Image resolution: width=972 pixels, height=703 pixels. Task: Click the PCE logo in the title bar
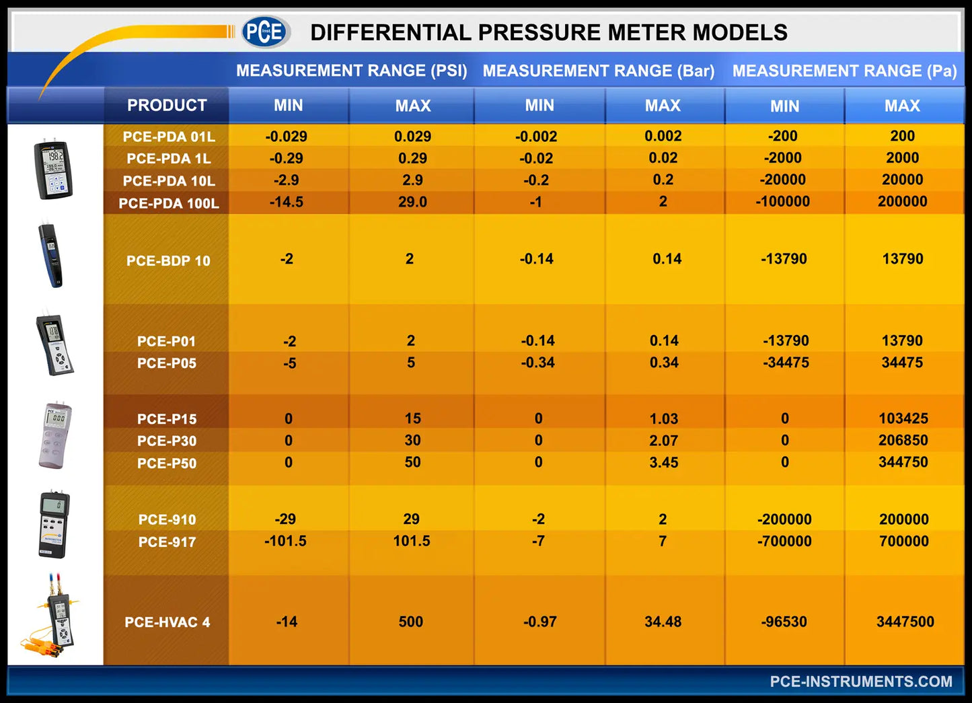point(265,32)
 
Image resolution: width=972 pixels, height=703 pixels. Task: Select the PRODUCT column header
point(167,106)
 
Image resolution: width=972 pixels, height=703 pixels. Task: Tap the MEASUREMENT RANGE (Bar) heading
point(598,71)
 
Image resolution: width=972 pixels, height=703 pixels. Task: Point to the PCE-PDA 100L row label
point(168,203)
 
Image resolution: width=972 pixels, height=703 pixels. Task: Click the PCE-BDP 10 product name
point(168,261)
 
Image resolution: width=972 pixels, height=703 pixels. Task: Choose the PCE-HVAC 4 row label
point(167,622)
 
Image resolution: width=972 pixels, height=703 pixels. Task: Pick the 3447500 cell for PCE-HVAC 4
point(904,622)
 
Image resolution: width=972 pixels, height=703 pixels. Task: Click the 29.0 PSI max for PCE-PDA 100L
point(412,202)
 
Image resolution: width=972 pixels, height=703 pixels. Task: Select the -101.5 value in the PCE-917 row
point(285,541)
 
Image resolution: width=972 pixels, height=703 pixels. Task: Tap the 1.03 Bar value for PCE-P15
point(663,418)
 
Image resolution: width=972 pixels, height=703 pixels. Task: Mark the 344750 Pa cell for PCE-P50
point(903,462)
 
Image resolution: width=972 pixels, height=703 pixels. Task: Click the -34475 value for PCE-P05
point(785,363)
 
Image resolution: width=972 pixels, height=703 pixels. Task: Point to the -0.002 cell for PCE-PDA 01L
point(536,137)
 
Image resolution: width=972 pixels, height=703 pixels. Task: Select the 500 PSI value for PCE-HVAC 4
point(410,622)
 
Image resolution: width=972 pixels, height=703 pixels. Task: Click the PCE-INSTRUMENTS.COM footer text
point(860,681)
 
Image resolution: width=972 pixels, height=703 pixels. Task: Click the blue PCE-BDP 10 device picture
point(51,256)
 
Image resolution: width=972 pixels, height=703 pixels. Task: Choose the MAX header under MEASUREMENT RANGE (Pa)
point(902,106)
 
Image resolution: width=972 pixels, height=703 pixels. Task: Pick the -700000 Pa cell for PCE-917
point(784,541)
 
